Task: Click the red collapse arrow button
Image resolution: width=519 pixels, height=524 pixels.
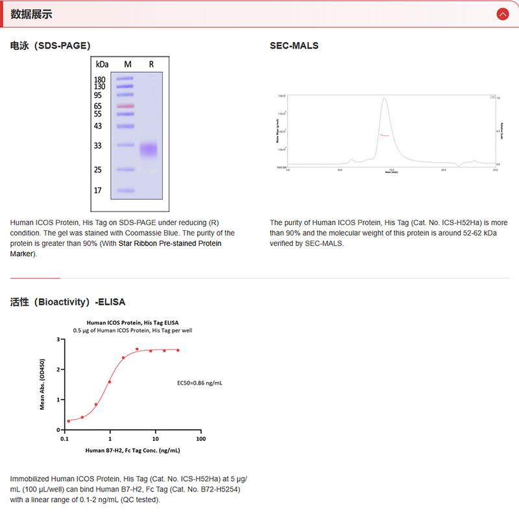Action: point(501,14)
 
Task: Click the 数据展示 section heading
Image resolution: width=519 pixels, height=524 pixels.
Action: point(31,14)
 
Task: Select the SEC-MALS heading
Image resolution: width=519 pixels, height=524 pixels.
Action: point(294,45)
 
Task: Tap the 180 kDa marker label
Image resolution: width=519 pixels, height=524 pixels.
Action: point(99,79)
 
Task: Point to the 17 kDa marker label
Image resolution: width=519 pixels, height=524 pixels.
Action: point(98,191)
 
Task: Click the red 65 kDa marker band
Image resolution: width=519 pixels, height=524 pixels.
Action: point(125,106)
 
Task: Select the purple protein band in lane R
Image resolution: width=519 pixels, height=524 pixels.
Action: point(149,150)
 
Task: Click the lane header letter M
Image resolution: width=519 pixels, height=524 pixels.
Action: point(128,64)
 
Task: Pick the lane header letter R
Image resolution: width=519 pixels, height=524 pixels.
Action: point(151,64)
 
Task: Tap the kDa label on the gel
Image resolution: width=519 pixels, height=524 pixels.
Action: point(102,64)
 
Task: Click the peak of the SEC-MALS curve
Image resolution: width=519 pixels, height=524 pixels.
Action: point(384,99)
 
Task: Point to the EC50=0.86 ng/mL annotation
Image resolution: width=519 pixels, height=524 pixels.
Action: point(200,383)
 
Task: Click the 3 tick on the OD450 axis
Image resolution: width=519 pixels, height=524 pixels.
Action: point(58,339)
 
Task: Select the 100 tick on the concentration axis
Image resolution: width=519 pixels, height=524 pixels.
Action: point(200,439)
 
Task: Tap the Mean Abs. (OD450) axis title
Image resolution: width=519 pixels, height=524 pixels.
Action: point(43,384)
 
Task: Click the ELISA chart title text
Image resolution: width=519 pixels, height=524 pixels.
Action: point(133,322)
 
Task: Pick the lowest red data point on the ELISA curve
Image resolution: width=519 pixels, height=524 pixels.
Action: point(68,422)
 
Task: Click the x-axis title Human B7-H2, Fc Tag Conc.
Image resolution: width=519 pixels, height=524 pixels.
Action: point(132,450)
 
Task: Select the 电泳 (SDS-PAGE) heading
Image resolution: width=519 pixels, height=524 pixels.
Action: point(50,45)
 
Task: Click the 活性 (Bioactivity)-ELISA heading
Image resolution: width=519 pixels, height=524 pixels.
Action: point(67,302)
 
